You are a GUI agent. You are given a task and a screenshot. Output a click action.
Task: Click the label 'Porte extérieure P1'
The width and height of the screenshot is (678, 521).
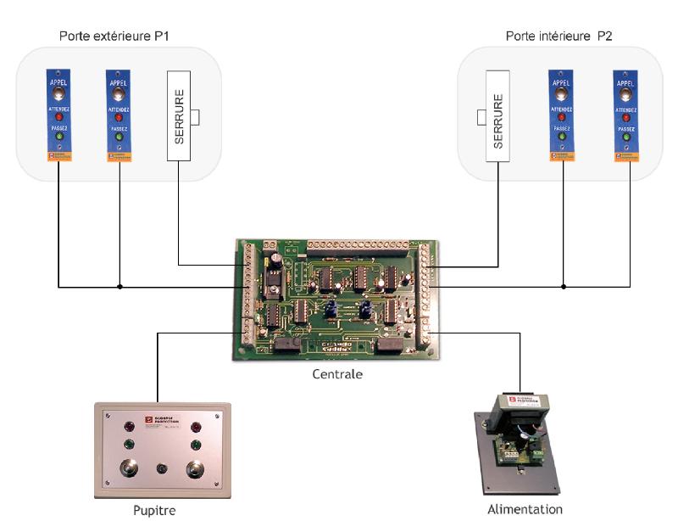[114, 36]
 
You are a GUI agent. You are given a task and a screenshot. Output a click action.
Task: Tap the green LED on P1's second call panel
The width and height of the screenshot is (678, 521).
[119, 136]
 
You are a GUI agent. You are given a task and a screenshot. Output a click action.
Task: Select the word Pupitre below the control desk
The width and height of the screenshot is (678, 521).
[155, 510]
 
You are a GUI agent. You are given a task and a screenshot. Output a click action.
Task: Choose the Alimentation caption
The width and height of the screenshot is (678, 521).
[525, 509]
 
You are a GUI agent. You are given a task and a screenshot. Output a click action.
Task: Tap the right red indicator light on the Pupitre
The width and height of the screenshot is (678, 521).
[196, 427]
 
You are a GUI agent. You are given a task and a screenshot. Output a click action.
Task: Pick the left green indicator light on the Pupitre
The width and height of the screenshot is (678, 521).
[130, 443]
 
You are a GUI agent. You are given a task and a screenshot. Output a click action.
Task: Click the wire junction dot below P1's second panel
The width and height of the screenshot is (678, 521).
[119, 287]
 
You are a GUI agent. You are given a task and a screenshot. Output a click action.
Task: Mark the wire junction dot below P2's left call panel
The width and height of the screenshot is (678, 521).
[563, 287]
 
